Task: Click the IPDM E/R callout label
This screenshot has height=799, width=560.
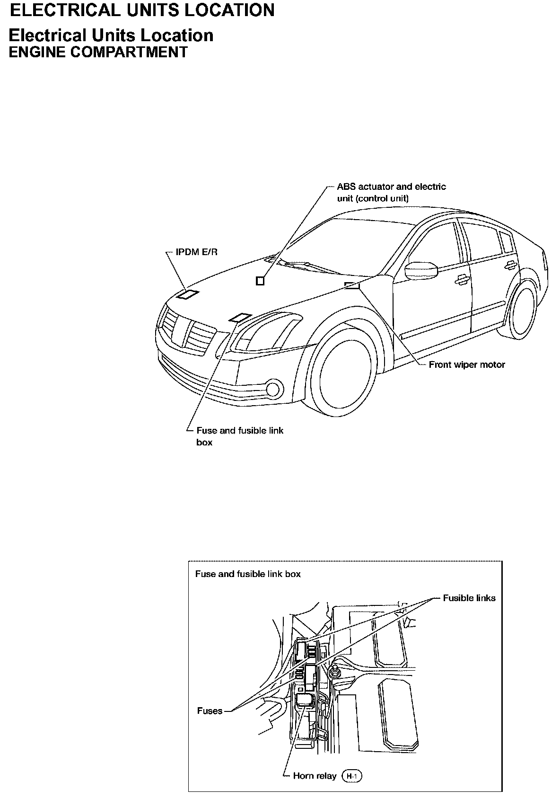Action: coord(196,252)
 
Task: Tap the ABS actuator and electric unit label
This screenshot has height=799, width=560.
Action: coord(391,192)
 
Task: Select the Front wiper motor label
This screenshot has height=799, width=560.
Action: coord(466,365)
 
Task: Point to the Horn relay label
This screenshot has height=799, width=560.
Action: coord(315,776)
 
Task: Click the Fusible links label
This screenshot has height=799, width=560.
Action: coord(469,598)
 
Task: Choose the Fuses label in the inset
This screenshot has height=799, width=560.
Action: coord(210,711)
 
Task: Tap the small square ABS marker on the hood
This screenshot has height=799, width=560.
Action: coord(260,281)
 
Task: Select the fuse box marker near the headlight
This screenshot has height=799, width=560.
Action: coord(240,318)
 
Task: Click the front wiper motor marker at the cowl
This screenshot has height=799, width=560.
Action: coord(352,285)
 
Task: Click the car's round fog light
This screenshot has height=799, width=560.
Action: coord(273,389)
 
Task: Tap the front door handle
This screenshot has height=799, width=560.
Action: coord(460,281)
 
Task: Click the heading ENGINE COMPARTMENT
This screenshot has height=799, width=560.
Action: coord(98,52)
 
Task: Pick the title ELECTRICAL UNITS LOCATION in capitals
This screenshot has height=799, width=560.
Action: coord(142,10)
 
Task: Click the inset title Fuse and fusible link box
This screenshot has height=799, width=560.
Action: coord(248,574)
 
